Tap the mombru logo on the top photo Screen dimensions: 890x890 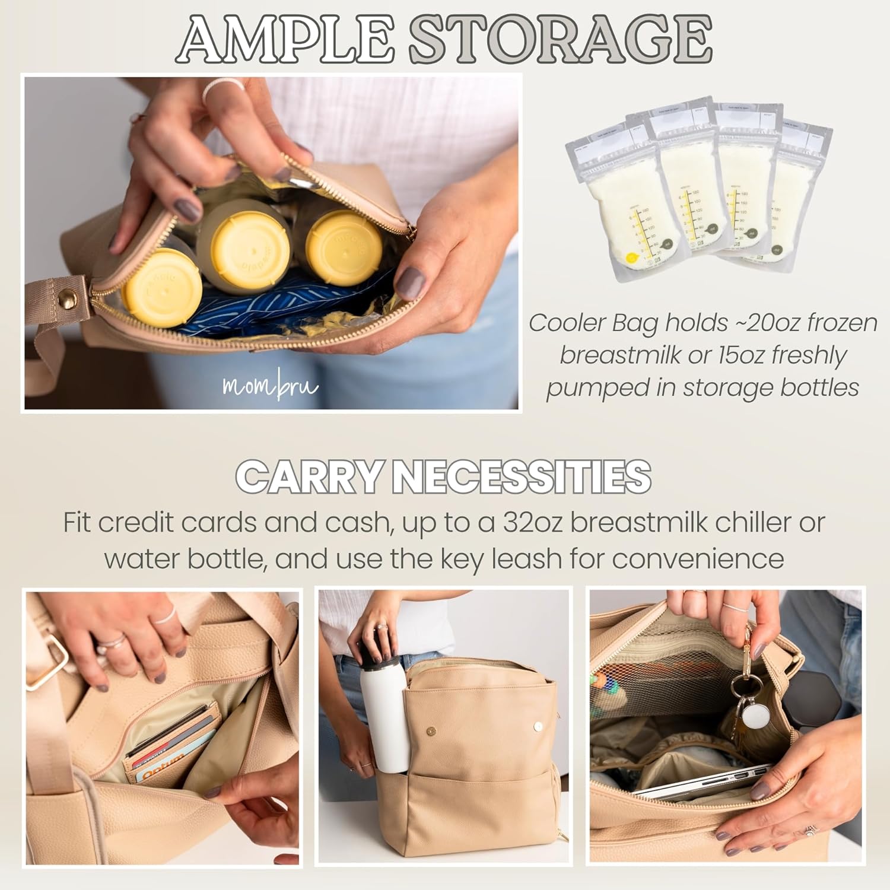coord(270,386)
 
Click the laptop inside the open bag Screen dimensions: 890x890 coord(700,782)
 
